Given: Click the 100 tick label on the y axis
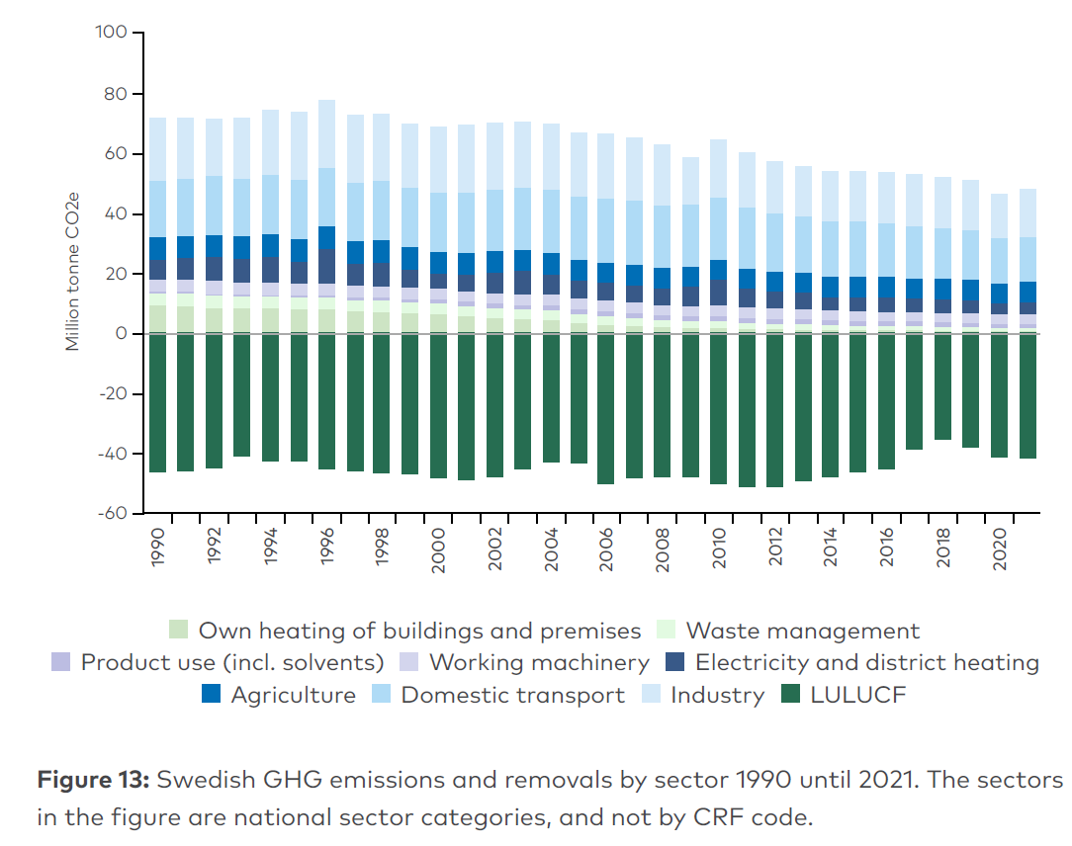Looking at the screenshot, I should (x=112, y=34).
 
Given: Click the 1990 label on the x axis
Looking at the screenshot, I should (x=158, y=546).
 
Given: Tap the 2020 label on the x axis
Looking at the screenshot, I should (x=999, y=546).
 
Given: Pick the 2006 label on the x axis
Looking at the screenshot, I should (x=606, y=546).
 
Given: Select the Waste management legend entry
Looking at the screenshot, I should (x=802, y=631).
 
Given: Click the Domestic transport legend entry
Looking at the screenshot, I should (x=512, y=695).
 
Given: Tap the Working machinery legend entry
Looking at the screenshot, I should (x=539, y=662).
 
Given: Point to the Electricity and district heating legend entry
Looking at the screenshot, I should (x=866, y=662).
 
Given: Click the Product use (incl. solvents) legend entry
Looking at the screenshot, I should (x=231, y=662).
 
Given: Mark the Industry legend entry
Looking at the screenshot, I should (x=717, y=695).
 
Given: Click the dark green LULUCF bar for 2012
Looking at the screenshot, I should (x=774, y=410).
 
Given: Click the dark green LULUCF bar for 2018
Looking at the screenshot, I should (x=942, y=386).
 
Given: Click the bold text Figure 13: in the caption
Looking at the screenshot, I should (x=93, y=780).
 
